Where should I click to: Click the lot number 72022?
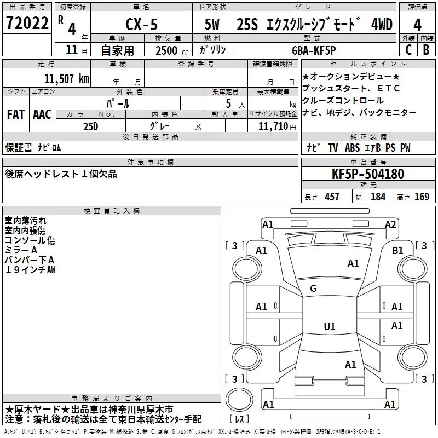pyautogui.click(x=27, y=23)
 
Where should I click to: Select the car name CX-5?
pyautogui.click(x=142, y=24)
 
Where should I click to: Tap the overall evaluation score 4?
pyautogui.click(x=417, y=25)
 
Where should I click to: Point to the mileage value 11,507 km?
pyautogui.click(x=66, y=79)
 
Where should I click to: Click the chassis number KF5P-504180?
pyautogui.click(x=368, y=174)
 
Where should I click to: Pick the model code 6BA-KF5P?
pyautogui.click(x=314, y=50)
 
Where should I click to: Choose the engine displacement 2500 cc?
pyautogui.click(x=172, y=50)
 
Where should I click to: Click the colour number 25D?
pyautogui.click(x=91, y=126)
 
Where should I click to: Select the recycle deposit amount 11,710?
pyautogui.click(x=273, y=126)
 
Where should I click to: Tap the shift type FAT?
pyautogui.click(x=16, y=114)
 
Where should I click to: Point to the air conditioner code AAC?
pyautogui.click(x=42, y=114)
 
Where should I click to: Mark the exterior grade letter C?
pyautogui.click(x=408, y=50)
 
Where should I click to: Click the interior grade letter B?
pyautogui.click(x=426, y=50)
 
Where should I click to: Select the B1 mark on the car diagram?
pyautogui.click(x=397, y=251)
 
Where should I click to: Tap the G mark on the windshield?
pyautogui.click(x=313, y=289)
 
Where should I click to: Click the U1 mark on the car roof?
pyautogui.click(x=330, y=326)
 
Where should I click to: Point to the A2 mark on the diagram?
pyautogui.click(x=390, y=224)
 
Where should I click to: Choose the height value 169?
pyautogui.click(x=422, y=197)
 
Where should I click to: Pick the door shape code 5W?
pyautogui.click(x=212, y=24)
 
